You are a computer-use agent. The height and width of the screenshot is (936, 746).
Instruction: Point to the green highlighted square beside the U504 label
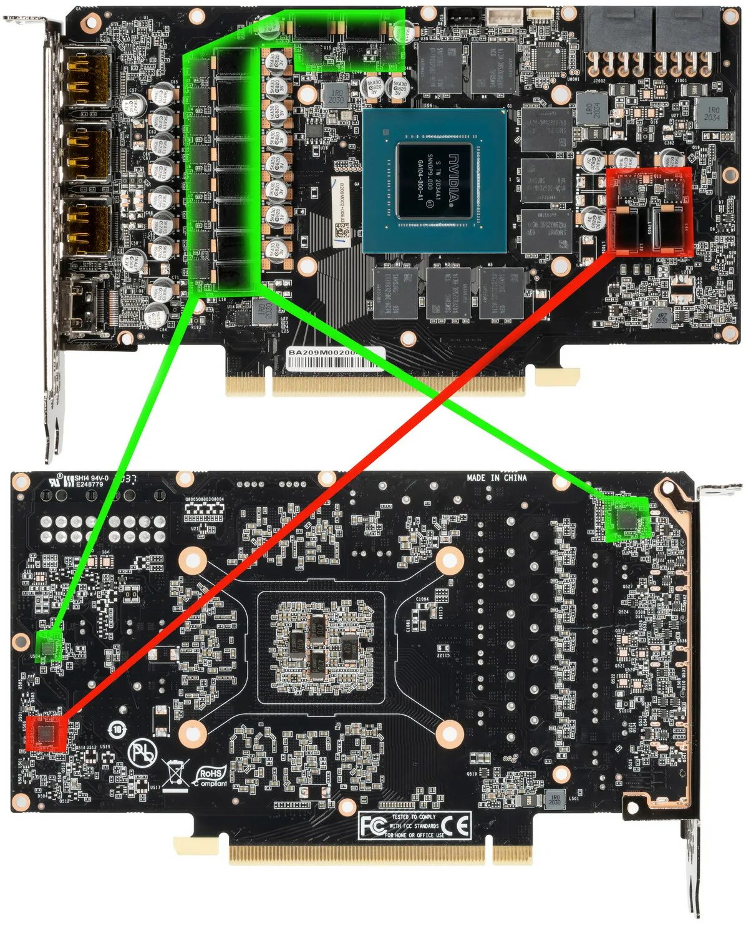click(x=49, y=645)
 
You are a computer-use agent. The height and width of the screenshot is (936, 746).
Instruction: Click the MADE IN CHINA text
click(x=497, y=478)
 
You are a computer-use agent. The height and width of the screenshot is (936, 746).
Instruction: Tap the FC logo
click(x=373, y=826)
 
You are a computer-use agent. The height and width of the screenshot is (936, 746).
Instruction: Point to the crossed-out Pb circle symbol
click(x=143, y=754)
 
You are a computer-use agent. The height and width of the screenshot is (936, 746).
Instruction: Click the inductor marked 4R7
click(x=661, y=317)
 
